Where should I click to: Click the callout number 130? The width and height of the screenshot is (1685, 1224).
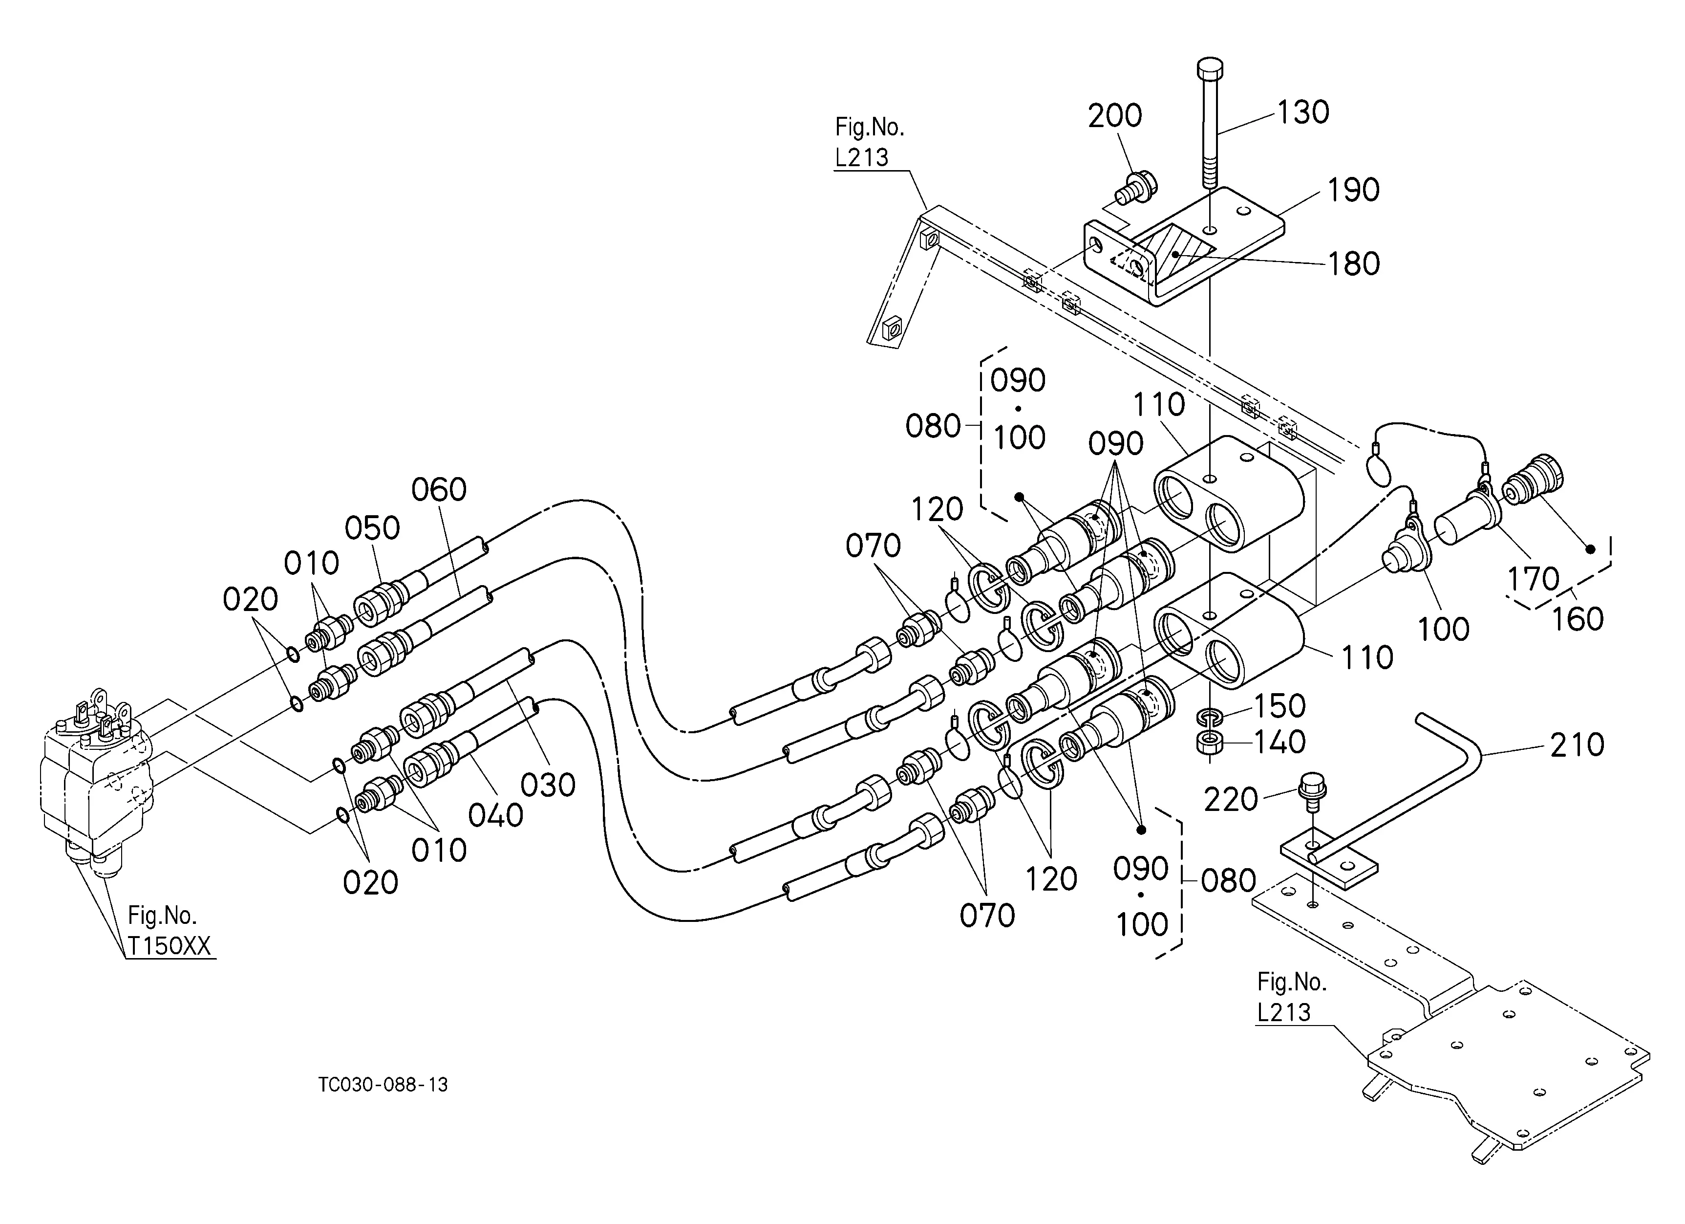1303,112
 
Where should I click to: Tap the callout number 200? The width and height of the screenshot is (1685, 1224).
1114,116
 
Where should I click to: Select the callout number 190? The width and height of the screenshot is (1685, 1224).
1354,190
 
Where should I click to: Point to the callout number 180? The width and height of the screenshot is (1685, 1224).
1354,264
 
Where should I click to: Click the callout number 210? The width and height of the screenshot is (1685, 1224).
1577,744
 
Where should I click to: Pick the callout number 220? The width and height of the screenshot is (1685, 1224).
1230,800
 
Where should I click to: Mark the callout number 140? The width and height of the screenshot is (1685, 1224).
1280,742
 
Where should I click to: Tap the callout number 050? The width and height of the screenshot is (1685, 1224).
372,528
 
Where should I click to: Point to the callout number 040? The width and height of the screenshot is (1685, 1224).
495,816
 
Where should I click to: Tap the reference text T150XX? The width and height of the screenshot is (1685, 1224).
170,946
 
